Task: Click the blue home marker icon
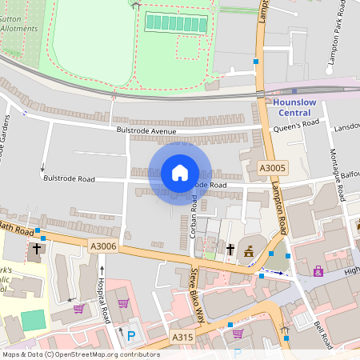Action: click(180, 173)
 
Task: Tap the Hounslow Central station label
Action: click(295, 107)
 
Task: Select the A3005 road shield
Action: click(273, 168)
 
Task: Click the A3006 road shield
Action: click(104, 248)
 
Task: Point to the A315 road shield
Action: click(182, 338)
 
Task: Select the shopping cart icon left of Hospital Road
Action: click(78, 309)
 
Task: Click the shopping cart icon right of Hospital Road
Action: click(123, 303)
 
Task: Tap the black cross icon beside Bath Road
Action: click(37, 249)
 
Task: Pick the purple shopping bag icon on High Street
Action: click(318, 271)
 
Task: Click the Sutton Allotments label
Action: click(19, 22)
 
